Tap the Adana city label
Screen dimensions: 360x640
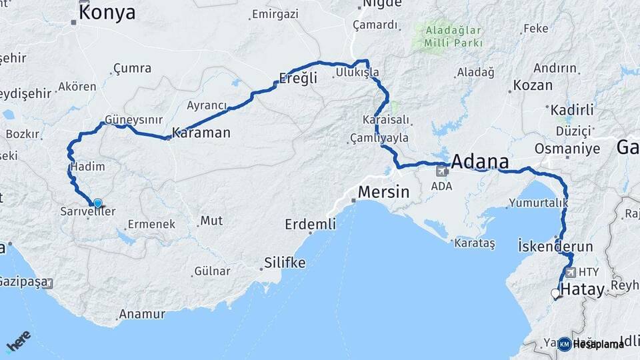[480, 161]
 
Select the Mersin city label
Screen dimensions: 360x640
[383, 192]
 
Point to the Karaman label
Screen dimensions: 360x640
[201, 133]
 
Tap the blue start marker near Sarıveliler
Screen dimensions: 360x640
[98, 203]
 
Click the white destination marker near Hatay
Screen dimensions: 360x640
[555, 293]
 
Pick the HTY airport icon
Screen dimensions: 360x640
[569, 272]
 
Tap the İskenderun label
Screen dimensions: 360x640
[555, 246]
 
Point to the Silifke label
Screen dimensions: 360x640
[285, 263]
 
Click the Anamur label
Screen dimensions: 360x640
[141, 313]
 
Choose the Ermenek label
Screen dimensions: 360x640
[151, 224]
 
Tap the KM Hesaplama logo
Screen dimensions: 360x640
[591, 344]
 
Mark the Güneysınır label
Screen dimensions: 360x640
[133, 120]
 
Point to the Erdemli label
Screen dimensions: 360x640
[310, 224]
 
